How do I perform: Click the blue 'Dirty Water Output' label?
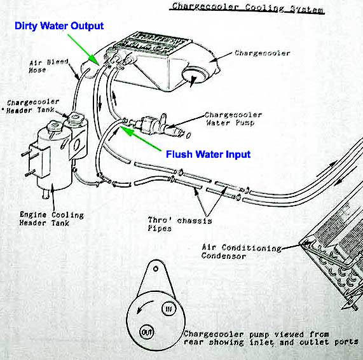(x=58, y=26)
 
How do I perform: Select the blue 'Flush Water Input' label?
(x=208, y=154)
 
